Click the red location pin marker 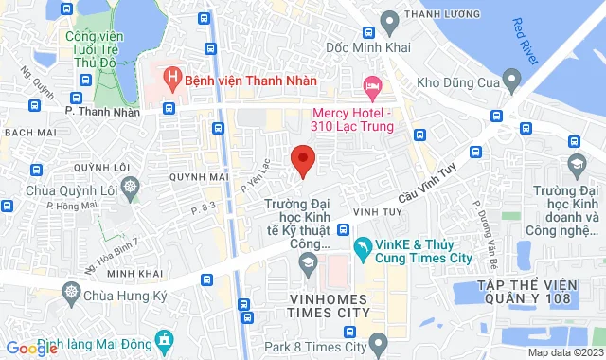[302, 159]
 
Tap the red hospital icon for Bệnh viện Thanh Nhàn [171, 75]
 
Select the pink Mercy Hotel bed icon [373, 89]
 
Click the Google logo [31, 348]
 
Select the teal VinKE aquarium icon [363, 248]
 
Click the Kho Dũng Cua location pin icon [512, 77]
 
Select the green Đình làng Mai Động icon [165, 338]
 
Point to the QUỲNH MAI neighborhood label [200, 176]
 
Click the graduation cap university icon [576, 167]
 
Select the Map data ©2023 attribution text [564, 352]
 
